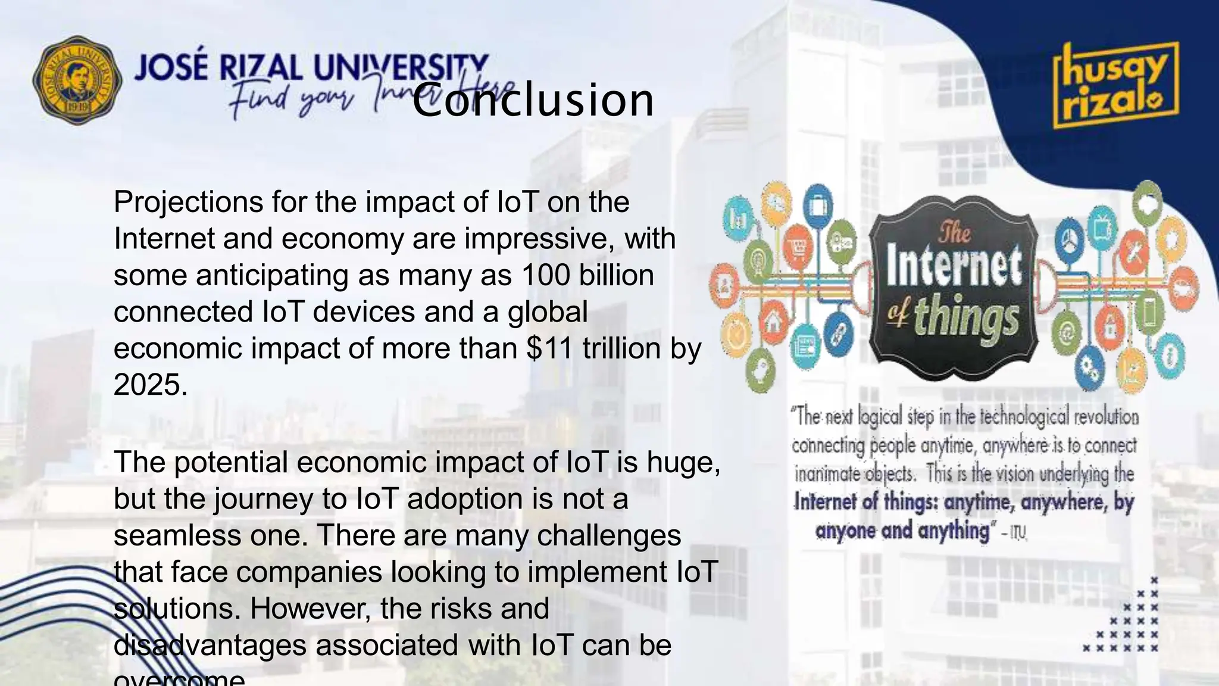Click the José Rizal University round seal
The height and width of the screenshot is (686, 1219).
(x=77, y=80)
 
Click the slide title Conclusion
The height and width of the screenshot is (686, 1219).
(x=533, y=99)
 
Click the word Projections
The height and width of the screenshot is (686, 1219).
(x=188, y=202)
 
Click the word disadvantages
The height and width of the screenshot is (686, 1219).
(x=210, y=646)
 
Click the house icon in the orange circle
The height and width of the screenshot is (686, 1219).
(x=774, y=323)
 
